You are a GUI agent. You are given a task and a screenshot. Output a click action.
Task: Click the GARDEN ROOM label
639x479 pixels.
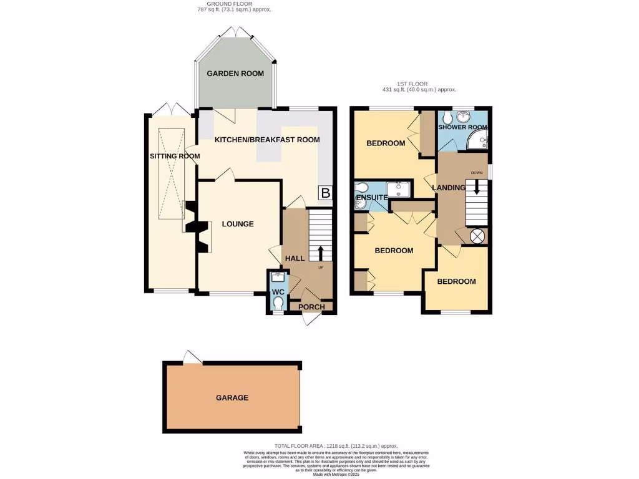point(235,74)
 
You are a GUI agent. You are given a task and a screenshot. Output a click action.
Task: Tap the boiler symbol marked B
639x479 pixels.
point(325,193)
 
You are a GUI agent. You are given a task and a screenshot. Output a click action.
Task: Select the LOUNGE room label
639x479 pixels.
point(238,224)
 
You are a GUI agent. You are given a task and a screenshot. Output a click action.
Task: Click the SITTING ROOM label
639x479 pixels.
point(174,156)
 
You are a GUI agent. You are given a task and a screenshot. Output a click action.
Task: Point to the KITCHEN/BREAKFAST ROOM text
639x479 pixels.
point(267,140)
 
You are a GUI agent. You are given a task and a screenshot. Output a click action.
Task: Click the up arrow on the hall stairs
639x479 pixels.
point(321,253)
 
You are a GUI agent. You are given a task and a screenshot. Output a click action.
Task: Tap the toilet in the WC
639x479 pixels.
point(278,303)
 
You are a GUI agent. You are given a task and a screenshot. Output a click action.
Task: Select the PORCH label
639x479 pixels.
point(311,307)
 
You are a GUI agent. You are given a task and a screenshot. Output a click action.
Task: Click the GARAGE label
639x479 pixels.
point(232,398)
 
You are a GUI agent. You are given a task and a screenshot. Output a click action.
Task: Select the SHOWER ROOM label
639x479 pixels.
point(463,127)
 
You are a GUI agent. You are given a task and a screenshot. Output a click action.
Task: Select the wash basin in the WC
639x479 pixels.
point(278,277)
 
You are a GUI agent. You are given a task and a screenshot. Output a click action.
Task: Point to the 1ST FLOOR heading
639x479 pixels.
point(419,84)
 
